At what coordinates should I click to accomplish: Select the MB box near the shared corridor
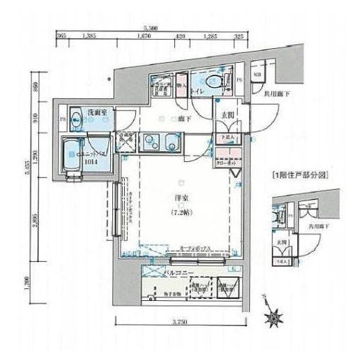[256, 75]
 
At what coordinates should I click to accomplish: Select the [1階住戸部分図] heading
[298, 173]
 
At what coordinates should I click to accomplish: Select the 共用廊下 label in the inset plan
[319, 227]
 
